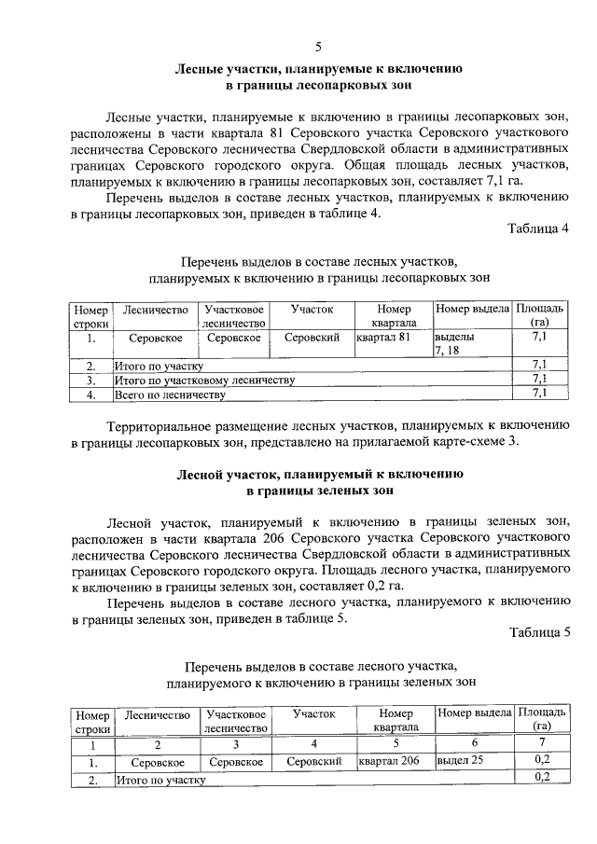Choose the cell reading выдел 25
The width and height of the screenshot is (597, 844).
tap(459, 761)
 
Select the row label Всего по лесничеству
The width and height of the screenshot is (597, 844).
tap(170, 395)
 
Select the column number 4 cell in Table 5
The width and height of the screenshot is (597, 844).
tap(313, 744)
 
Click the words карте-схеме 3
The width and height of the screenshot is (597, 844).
tap(466, 441)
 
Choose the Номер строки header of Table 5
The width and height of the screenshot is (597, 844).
tap(92, 721)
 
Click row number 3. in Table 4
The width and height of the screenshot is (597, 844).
tap(91, 380)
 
